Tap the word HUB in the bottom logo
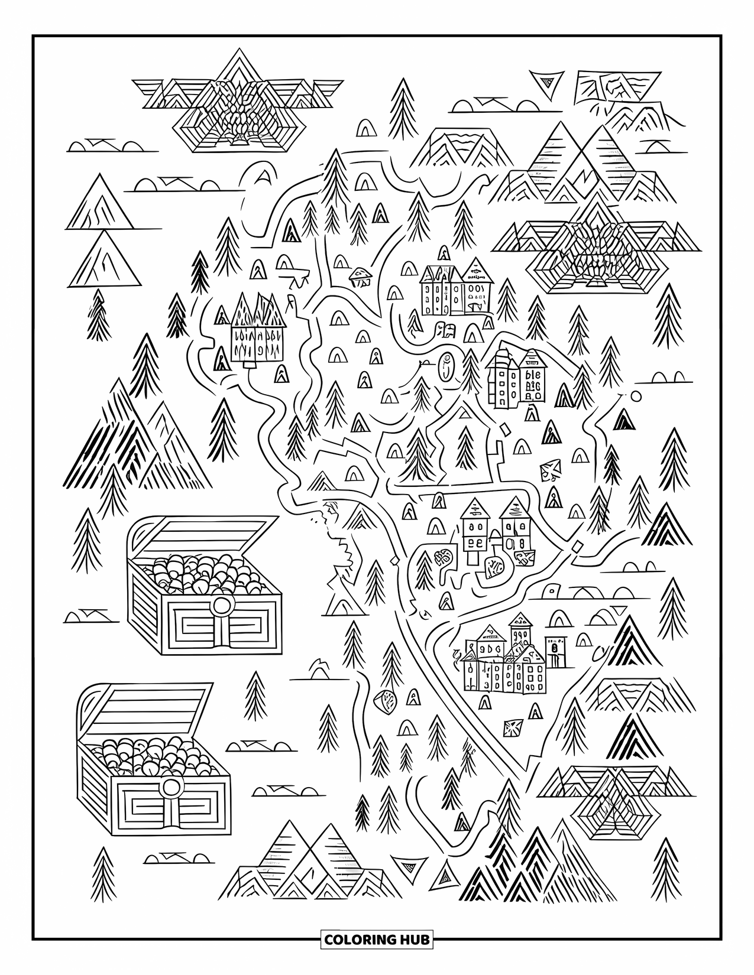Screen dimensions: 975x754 click(413, 939)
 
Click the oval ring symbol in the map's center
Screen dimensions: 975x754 click(446, 368)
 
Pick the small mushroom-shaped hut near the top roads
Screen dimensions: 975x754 click(359, 275)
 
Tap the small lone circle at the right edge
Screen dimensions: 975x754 click(636, 396)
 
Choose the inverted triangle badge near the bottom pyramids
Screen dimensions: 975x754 click(406, 866)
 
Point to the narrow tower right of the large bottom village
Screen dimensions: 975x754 click(555, 652)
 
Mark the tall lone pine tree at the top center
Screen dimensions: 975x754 click(403, 106)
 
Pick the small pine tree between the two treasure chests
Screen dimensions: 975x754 click(255, 691)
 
